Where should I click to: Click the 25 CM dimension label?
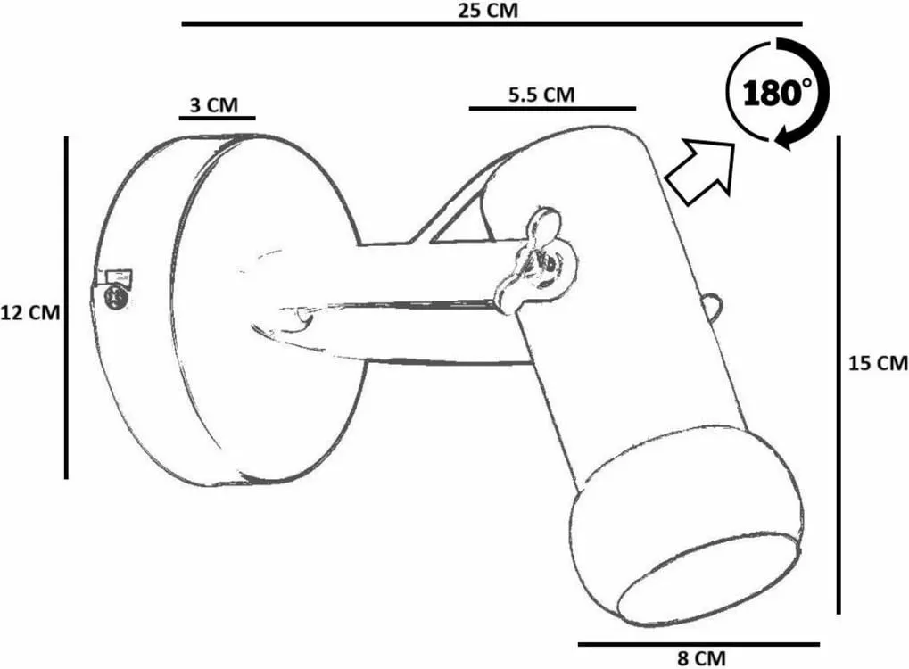488,10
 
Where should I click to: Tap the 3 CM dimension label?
214,105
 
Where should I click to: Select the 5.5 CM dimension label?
541,95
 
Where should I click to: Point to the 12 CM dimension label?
30,313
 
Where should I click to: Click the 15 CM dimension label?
878,363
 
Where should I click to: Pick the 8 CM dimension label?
701,658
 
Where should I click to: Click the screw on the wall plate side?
113,297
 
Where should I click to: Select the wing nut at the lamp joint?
534,260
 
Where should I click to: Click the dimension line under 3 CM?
217,118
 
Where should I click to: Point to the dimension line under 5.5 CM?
552,109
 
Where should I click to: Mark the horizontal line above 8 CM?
698,643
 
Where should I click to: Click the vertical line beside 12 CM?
66,308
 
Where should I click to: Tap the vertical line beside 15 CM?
839,375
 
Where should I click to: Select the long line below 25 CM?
492,24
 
